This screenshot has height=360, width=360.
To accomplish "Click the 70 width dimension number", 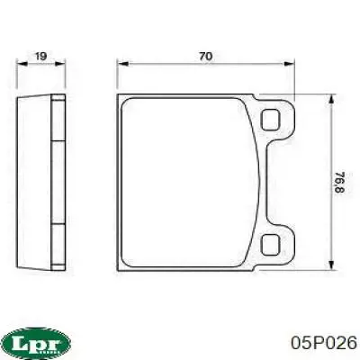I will click(205, 56).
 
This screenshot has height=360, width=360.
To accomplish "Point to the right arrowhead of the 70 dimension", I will click(292, 64).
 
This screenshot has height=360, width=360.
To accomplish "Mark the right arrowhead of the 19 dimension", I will click(64, 64).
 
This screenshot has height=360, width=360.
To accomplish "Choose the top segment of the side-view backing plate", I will click(58, 116).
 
